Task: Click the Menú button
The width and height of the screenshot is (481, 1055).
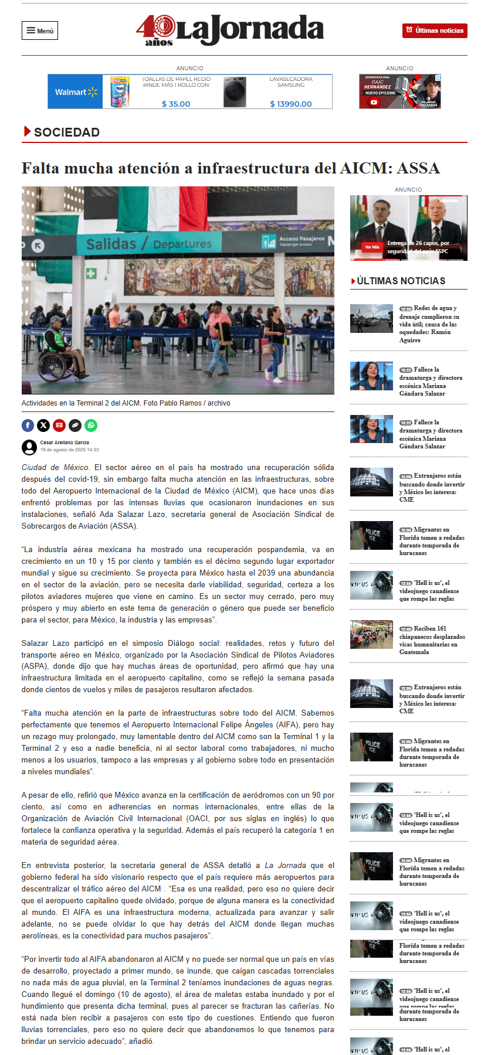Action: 40,30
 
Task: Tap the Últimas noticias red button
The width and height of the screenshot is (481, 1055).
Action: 435,30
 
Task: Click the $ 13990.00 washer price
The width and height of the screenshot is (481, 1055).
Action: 290,104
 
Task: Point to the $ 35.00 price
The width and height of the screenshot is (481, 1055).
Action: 176,104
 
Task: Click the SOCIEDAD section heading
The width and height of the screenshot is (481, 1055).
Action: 66,132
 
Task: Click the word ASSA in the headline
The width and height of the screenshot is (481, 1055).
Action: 418,169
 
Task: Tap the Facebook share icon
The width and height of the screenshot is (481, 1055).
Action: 28,426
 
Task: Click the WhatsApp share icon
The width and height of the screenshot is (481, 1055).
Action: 91,426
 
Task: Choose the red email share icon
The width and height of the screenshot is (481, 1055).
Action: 59,426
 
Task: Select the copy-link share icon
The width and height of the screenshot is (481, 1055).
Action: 75,426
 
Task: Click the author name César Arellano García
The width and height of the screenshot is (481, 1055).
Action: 65,443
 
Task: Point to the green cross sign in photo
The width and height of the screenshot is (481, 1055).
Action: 91,273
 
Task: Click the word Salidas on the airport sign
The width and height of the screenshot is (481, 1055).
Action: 111,244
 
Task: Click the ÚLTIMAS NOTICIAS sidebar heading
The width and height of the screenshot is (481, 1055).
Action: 401,281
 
